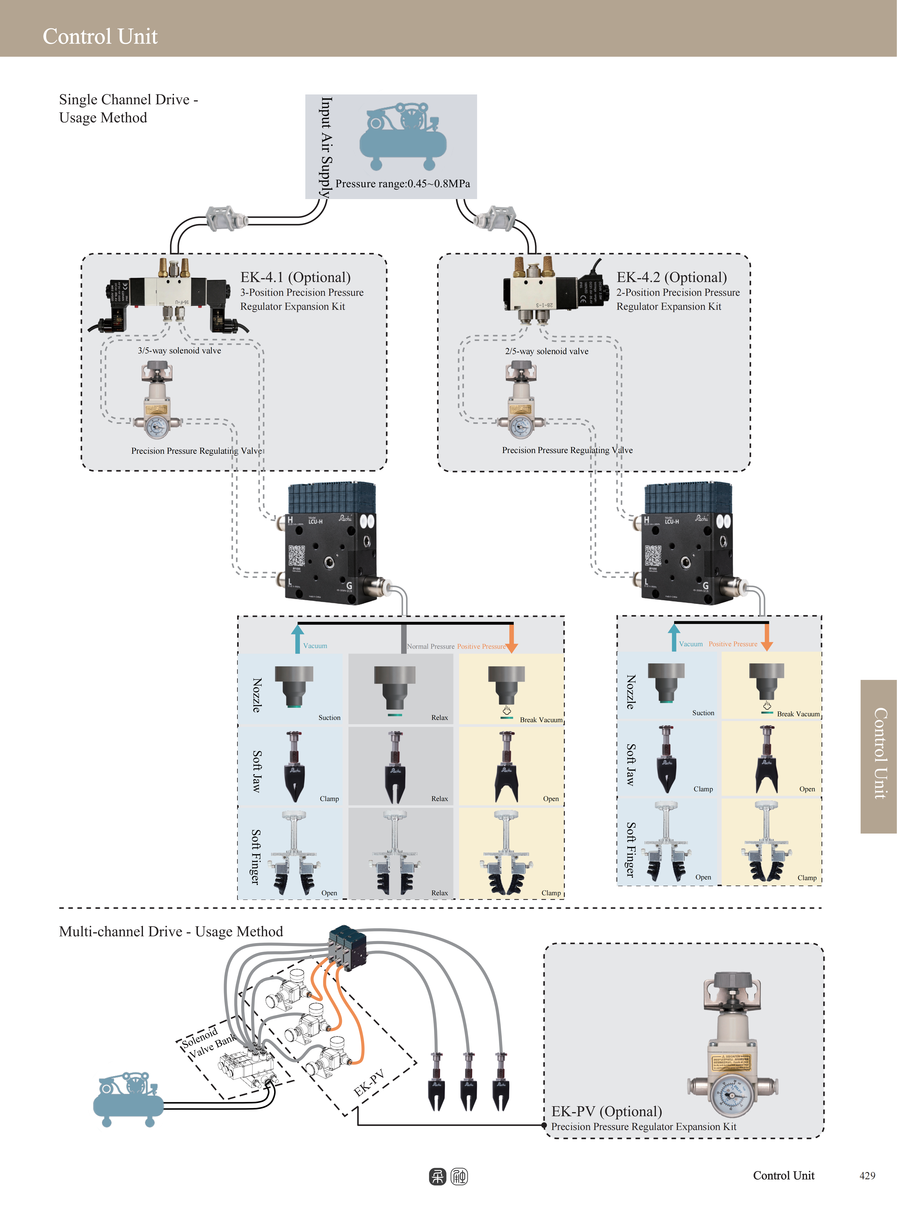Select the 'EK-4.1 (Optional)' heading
coord(295,277)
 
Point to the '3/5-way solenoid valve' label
coord(179,351)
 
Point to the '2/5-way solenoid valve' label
coord(546,351)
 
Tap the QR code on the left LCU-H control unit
coord(297,555)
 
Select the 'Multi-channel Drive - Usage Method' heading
coord(171,931)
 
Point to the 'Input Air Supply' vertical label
coord(326,147)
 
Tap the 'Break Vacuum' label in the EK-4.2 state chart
coord(798,714)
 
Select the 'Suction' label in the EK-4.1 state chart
coord(329,718)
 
